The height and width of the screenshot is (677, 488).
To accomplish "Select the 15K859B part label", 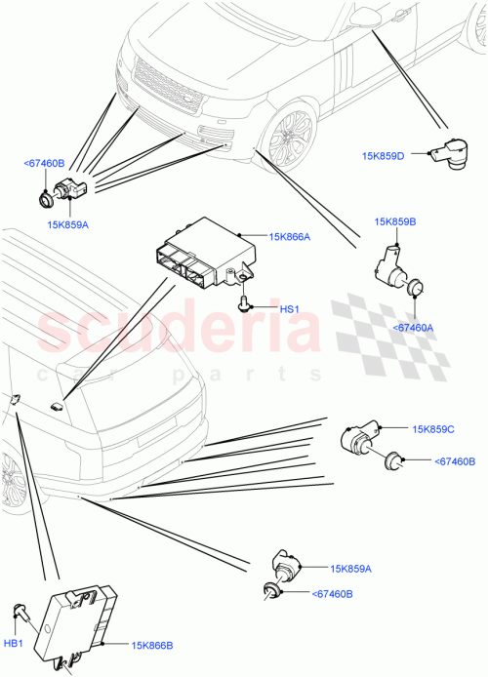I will [x=395, y=222].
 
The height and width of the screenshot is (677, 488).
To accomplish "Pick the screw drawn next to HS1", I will [x=244, y=304].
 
